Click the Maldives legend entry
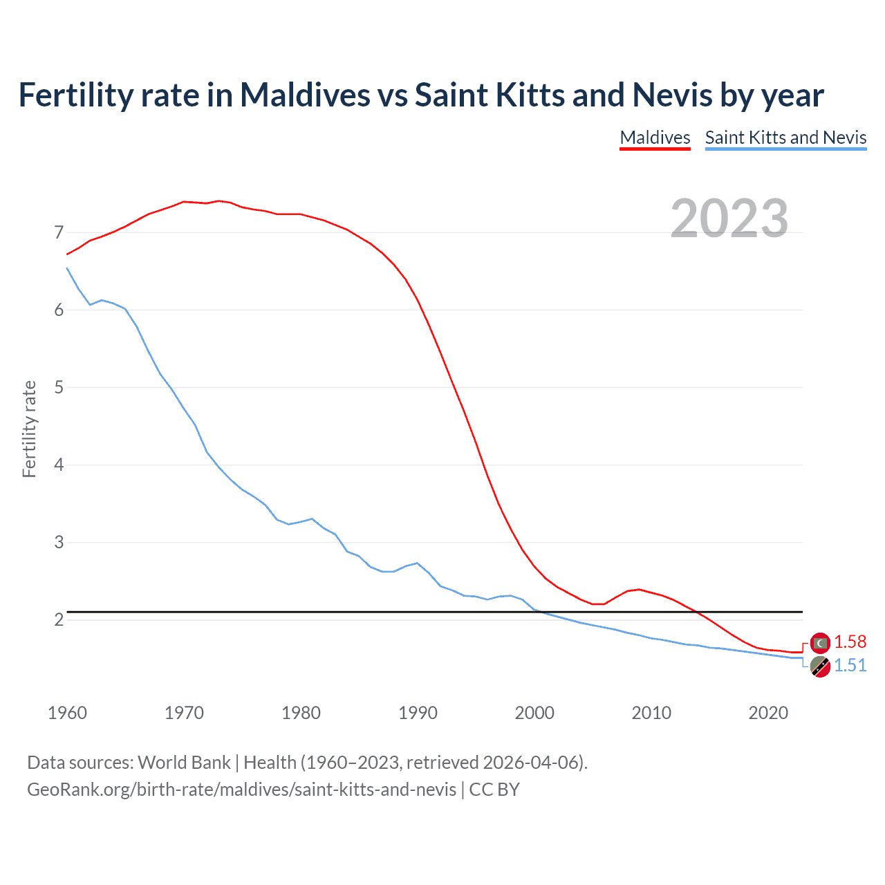coord(655,138)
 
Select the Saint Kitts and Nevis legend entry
coord(785,138)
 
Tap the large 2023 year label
coord(729,218)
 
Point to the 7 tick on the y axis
coord(59,233)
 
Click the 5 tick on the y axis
coord(59,388)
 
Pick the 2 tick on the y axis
coord(59,620)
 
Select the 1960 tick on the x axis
coord(67,713)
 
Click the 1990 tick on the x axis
coord(418,713)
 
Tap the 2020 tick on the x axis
coord(768,713)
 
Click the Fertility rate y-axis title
coord(29,429)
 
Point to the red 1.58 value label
coord(850,642)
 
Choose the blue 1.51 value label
coord(850,666)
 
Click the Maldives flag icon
coord(820,643)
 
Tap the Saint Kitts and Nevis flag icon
coord(820,667)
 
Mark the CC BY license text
coord(494,790)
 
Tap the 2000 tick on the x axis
coord(534,713)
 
